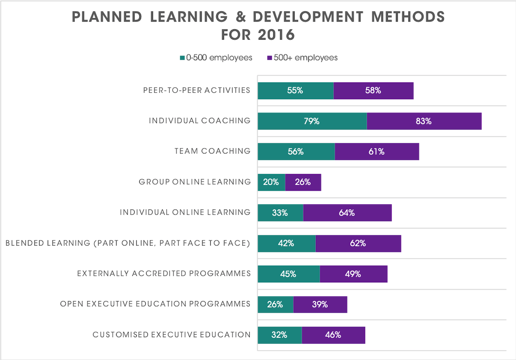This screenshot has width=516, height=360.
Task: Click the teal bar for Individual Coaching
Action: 312,121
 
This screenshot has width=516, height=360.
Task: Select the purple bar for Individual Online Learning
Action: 347,213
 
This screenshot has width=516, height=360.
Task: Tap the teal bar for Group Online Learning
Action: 271,182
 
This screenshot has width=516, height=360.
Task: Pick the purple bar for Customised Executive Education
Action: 333,335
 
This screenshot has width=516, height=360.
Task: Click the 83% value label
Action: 423,121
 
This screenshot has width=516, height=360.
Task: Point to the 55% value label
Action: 295,91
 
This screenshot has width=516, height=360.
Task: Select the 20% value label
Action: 271,182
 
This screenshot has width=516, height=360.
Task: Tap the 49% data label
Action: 353,274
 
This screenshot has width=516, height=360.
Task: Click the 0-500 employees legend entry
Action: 216,58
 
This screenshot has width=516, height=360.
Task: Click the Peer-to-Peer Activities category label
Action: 197,90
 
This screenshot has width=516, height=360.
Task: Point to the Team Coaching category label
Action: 212,151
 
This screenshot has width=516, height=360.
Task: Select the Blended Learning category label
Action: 128,243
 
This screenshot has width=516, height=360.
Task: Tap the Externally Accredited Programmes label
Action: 164,274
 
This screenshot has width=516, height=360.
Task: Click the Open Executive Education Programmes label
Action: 155,304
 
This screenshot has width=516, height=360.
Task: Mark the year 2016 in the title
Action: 276,35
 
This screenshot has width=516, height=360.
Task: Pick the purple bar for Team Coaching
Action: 377,152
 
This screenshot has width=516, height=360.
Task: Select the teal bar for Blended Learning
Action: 286,243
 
